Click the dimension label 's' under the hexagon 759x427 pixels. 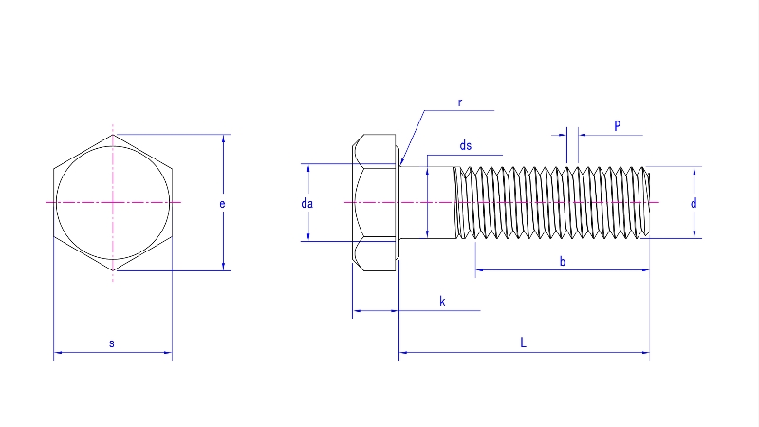point(112,343)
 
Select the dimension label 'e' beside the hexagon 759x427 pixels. point(221,203)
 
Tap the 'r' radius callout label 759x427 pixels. point(459,102)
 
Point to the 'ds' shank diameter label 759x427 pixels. point(465,145)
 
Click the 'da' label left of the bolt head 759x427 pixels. point(306,203)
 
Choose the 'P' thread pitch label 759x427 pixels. point(617,125)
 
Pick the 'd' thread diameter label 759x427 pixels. point(694,203)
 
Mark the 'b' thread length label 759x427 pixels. point(563,261)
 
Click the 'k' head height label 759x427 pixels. point(442,301)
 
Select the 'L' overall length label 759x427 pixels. point(524,343)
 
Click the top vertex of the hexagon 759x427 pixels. point(113,135)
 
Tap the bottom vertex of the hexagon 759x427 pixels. point(113,271)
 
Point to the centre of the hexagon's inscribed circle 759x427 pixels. point(113,203)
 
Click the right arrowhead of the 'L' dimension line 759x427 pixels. point(646,353)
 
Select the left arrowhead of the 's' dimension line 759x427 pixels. point(57,353)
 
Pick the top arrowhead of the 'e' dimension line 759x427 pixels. point(224,139)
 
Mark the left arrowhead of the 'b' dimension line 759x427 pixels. point(478,270)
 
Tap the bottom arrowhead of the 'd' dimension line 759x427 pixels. point(694,234)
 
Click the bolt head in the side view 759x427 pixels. point(376,203)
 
